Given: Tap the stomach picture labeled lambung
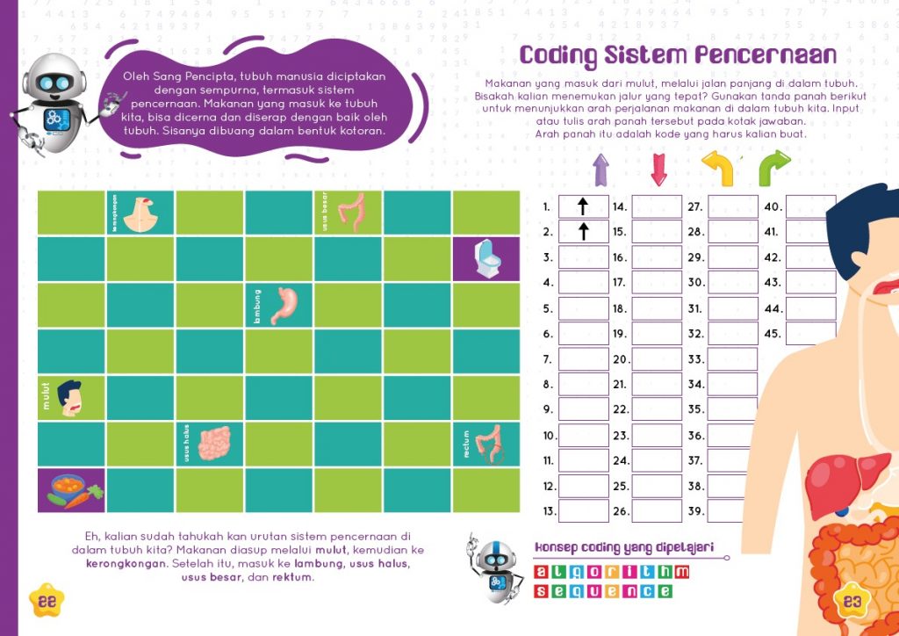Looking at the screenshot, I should click(284, 304).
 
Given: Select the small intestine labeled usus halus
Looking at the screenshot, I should click(213, 444).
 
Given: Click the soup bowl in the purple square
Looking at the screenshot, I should click(71, 489).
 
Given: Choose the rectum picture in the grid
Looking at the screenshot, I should click(489, 444).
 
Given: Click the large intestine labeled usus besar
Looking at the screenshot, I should click(351, 213).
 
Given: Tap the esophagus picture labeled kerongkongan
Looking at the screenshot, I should click(141, 213).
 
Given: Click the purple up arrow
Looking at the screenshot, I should click(601, 170).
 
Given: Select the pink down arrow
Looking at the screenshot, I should click(658, 170).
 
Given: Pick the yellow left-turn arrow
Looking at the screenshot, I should click(717, 169).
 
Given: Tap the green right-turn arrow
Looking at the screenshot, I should click(773, 169).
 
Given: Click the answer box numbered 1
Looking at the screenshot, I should click(583, 207).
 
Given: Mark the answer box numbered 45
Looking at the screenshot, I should click(810, 334).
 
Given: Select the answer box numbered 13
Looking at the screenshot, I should click(583, 511).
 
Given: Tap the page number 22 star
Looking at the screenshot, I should click(48, 601).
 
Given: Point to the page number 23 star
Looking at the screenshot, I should click(852, 602).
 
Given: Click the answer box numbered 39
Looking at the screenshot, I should click(731, 511).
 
